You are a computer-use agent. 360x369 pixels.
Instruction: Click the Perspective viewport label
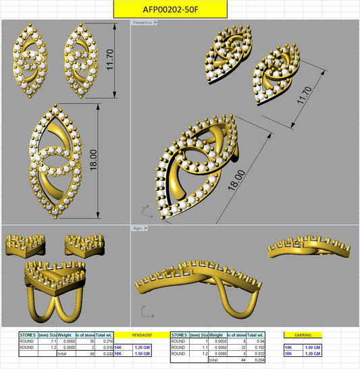143,22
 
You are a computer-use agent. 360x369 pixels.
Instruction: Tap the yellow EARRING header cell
303,334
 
